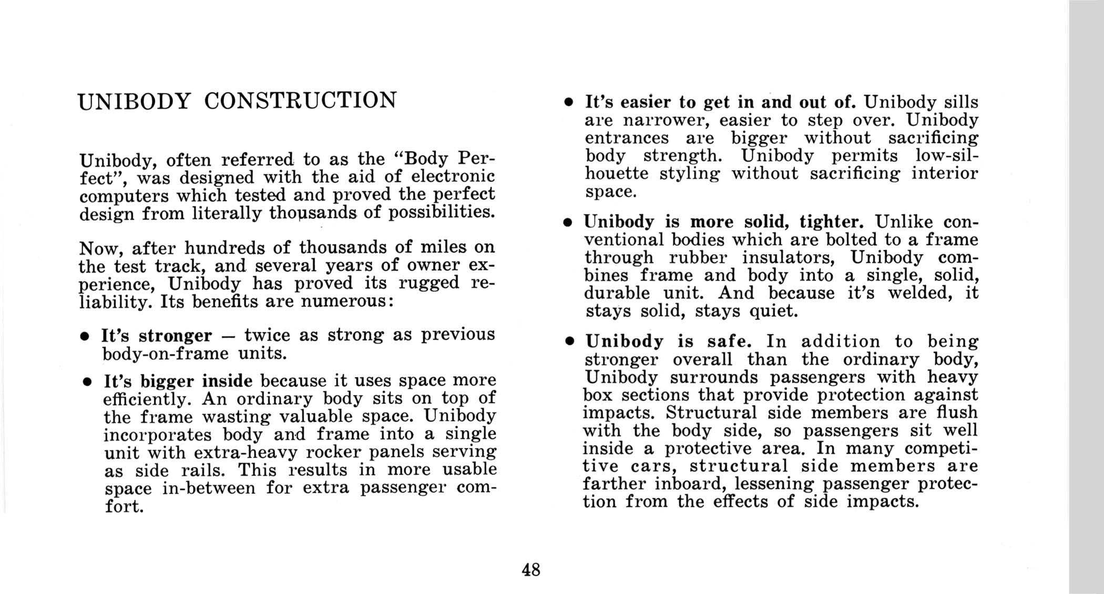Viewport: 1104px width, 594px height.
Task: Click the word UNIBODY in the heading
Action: [134, 101]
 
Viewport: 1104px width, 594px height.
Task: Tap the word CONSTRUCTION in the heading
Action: [300, 100]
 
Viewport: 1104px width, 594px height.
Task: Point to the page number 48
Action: [531, 569]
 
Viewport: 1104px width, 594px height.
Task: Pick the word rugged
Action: [429, 284]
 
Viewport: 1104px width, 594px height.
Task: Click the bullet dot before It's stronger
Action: [84, 337]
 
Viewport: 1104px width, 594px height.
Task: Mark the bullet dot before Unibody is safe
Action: [568, 342]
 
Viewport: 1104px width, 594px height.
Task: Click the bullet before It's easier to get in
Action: [568, 102]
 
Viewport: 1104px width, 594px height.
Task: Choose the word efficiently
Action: [147, 399]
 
